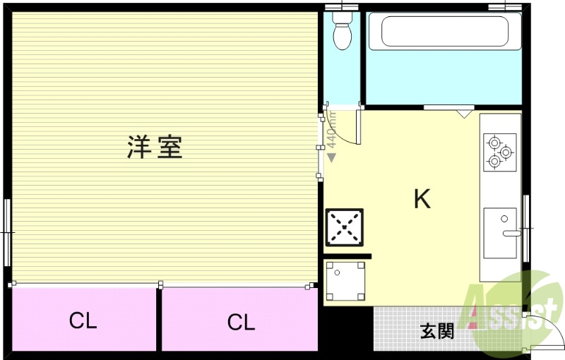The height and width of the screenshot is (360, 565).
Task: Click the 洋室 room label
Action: point(155,147)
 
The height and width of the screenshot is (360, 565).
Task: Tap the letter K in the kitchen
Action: point(422,200)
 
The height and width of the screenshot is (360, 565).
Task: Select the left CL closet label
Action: point(83,321)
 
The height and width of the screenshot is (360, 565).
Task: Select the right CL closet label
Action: point(241,323)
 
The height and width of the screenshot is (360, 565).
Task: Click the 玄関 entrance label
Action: point(437,331)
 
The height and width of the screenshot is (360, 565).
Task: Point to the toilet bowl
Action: point(343,35)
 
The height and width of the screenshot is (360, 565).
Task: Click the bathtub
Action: point(444,32)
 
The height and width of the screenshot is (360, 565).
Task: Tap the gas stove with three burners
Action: point(499,152)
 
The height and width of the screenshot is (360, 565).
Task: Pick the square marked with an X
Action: point(345,227)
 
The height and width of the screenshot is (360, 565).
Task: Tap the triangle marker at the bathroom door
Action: point(464,112)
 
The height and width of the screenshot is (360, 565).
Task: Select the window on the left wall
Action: point(7,232)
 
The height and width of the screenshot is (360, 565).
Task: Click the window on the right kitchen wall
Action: point(526,228)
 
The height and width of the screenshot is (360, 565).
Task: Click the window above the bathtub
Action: point(506,6)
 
